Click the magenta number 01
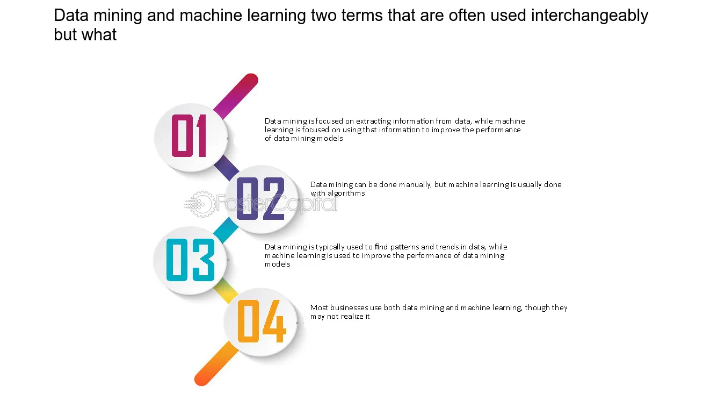coord(189,136)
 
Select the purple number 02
coord(260,199)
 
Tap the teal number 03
coord(190,260)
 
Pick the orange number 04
coord(262,321)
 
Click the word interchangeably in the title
coord(590,16)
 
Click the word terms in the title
coord(362,16)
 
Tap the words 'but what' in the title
coord(85,34)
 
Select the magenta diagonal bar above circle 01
coord(236,96)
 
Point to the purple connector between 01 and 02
coord(227,168)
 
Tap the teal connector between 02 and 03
coord(226,230)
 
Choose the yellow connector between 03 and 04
coord(226,291)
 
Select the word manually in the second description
coord(415,185)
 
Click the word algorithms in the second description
coord(346,193)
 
